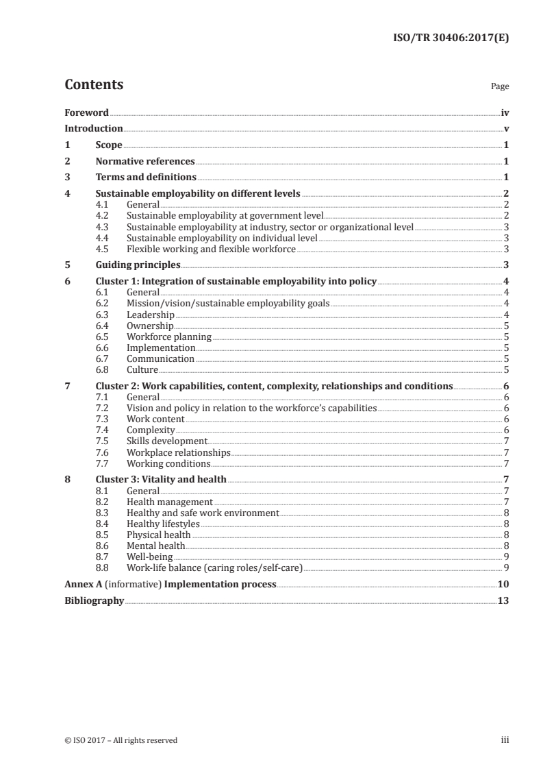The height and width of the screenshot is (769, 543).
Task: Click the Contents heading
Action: [x=94, y=85]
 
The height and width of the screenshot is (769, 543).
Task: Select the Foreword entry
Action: [x=86, y=112]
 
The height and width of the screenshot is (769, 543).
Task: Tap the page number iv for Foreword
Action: [x=505, y=112]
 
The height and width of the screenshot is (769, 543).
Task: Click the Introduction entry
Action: [x=94, y=128]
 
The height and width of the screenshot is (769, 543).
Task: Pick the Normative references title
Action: [x=145, y=161]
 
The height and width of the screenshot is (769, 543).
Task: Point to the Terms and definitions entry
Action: [x=146, y=178]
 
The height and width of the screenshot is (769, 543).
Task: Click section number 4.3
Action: [x=102, y=227]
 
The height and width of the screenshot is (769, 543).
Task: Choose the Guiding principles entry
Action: [x=138, y=265]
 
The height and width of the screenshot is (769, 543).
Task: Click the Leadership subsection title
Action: [x=150, y=315]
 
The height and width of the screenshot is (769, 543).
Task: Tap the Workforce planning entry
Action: [x=168, y=337]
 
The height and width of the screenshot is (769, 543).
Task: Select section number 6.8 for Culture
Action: [x=102, y=369]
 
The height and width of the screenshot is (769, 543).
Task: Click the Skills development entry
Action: [x=166, y=441]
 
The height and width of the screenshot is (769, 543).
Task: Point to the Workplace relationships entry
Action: [x=178, y=452]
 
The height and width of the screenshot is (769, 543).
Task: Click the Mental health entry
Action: [x=155, y=546]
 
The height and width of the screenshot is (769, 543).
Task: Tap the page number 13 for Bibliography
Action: [x=503, y=600]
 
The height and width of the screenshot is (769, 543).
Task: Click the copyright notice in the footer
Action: [x=121, y=740]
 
